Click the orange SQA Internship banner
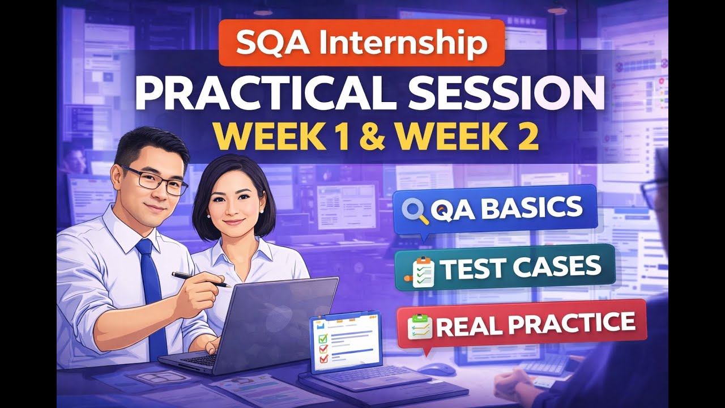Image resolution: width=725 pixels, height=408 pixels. [361, 43]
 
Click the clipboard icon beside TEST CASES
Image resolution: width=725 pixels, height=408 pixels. [423, 271]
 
